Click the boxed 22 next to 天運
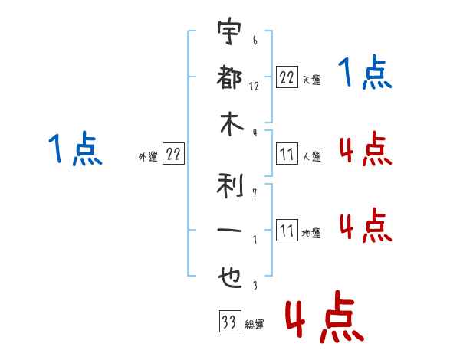pos(287,77)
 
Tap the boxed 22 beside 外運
pos(173,154)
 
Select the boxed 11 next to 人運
pos(287,154)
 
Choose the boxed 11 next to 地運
pos(287,231)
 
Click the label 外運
pos(148,157)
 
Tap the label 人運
pos(311,157)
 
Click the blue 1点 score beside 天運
pos(364,74)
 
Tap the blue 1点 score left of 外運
pos(74,149)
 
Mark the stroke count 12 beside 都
pos(254,86)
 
